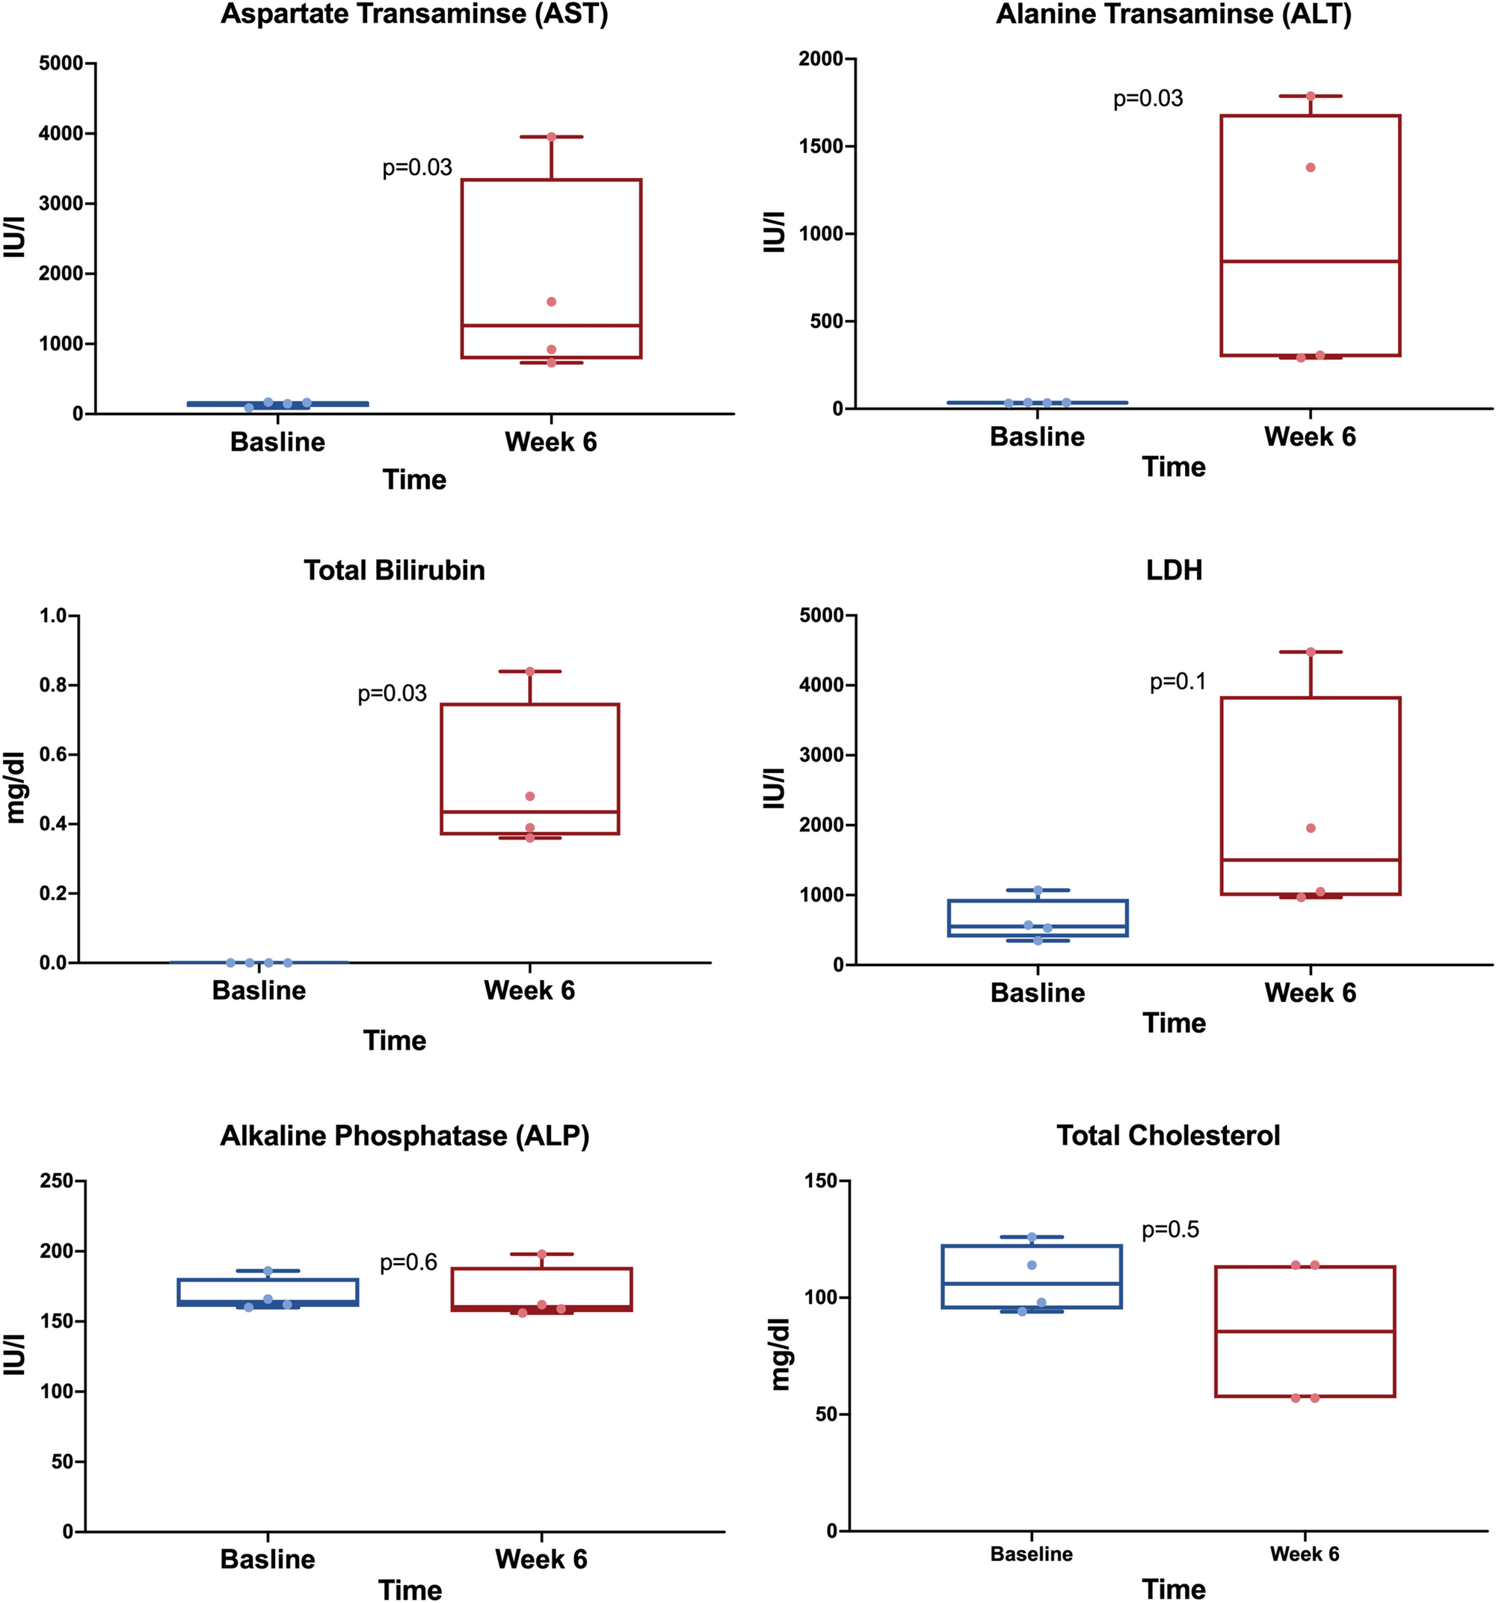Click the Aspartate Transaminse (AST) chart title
click(x=413, y=13)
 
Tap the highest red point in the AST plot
click(x=552, y=137)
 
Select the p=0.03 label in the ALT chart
click(x=1148, y=99)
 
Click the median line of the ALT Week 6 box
click(x=1310, y=261)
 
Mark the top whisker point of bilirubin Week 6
click(x=530, y=671)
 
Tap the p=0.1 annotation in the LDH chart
click(x=1178, y=682)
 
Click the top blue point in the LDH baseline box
click(x=1038, y=890)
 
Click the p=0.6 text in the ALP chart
click(x=408, y=1263)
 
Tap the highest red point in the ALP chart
click(x=541, y=1255)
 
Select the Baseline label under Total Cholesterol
click(x=1032, y=1554)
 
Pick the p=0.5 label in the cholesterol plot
click(x=1170, y=1230)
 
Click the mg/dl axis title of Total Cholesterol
click(x=779, y=1355)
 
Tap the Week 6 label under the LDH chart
click(x=1310, y=993)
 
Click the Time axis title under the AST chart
click(x=413, y=480)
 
